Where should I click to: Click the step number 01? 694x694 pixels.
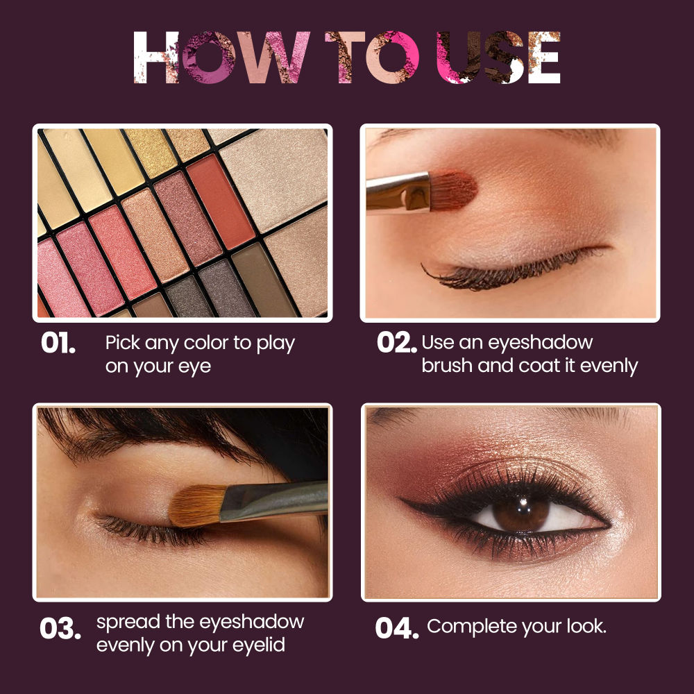click(58, 344)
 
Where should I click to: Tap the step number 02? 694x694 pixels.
click(396, 343)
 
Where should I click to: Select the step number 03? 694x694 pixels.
click(60, 629)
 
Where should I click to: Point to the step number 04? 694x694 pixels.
click(396, 628)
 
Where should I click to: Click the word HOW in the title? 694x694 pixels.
click(221, 58)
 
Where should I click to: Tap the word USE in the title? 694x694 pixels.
click(498, 58)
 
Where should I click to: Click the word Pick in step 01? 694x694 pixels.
click(123, 344)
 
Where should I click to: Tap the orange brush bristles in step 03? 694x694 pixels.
click(196, 505)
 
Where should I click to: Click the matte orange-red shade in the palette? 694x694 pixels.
click(221, 202)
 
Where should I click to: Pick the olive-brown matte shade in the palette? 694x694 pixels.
click(263, 280)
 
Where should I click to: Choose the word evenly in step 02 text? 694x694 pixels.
click(609, 366)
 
